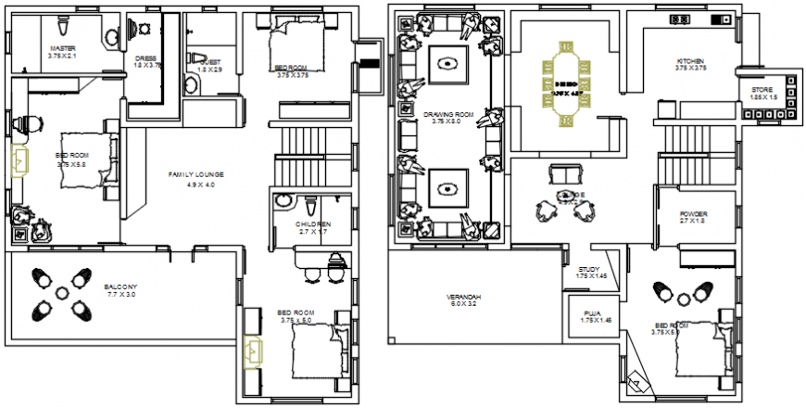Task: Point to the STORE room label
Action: pos(762,90)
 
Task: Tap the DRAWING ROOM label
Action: pos(448,114)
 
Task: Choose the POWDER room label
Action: pos(693,213)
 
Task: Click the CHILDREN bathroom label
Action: pos(313,224)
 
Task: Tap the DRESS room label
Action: pos(143,57)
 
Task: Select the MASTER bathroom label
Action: pos(62,48)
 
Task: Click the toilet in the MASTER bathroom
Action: pos(111,35)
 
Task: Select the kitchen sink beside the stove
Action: pos(716,19)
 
